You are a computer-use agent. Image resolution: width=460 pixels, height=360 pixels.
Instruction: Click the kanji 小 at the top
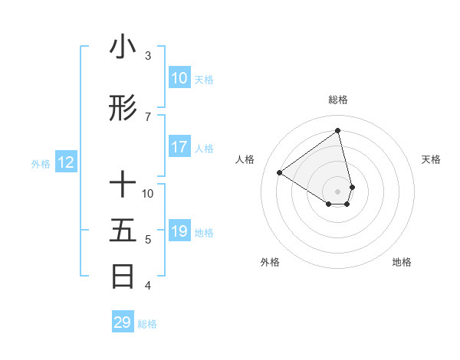point(123,47)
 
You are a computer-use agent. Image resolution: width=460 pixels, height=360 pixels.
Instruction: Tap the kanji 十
point(123,185)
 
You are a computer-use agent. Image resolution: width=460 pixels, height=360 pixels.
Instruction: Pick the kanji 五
point(123,231)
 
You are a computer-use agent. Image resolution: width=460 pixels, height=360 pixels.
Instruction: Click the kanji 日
point(123,277)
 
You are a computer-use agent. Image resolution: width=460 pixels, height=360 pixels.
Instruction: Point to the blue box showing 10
point(179,78)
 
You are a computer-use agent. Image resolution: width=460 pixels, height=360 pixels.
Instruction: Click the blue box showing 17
point(179,147)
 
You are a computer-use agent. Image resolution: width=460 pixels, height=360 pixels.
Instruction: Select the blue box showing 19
point(179,231)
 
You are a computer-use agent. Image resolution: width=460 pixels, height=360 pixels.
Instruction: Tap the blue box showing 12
point(65,162)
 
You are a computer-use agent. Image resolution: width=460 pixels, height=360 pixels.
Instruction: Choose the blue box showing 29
point(123,322)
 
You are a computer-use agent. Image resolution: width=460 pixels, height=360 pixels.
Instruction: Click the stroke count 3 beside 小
point(148,56)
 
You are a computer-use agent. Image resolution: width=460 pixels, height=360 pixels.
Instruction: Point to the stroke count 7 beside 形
point(148,117)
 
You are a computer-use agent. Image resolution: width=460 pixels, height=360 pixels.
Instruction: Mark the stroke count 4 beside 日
point(148,286)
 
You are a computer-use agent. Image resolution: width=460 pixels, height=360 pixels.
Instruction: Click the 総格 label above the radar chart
point(337,100)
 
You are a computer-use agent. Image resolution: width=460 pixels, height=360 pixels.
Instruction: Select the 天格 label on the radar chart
point(431,159)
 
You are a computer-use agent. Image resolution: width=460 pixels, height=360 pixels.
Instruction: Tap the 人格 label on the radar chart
point(245,159)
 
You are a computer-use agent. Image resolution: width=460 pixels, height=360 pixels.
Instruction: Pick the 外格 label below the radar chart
point(270,262)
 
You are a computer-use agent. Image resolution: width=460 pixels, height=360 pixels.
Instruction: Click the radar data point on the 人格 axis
point(280,172)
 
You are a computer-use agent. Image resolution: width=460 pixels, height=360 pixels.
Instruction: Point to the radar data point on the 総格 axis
point(337,131)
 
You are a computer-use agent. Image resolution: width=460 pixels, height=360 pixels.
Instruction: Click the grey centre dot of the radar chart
point(337,191)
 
